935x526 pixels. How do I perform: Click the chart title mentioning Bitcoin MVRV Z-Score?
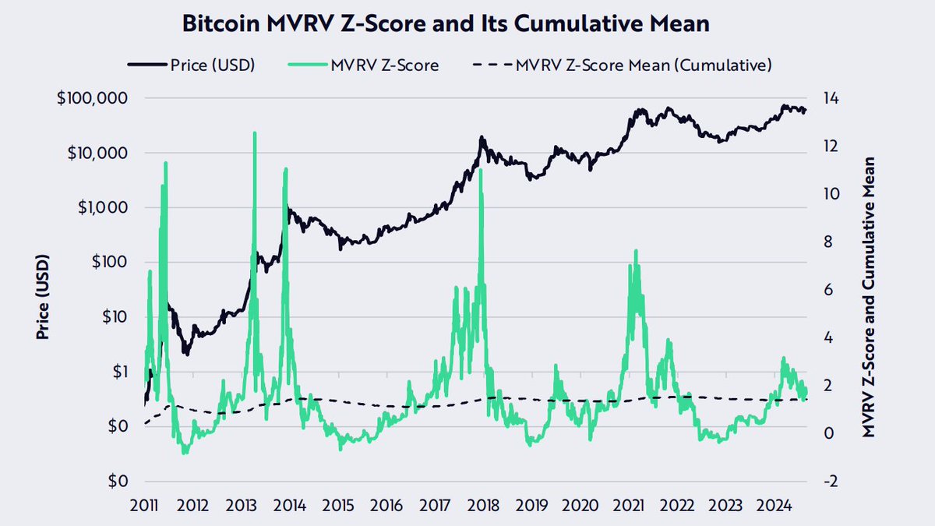click(445, 23)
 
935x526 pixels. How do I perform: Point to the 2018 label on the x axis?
click(483, 504)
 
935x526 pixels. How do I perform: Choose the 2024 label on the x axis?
click(774, 504)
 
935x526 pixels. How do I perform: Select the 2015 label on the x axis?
click(338, 504)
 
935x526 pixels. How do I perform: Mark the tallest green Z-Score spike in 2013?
click(254, 133)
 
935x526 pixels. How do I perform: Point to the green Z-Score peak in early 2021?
click(636, 251)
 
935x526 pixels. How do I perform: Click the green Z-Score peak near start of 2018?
click(480, 170)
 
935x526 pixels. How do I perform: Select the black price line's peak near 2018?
click(482, 137)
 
